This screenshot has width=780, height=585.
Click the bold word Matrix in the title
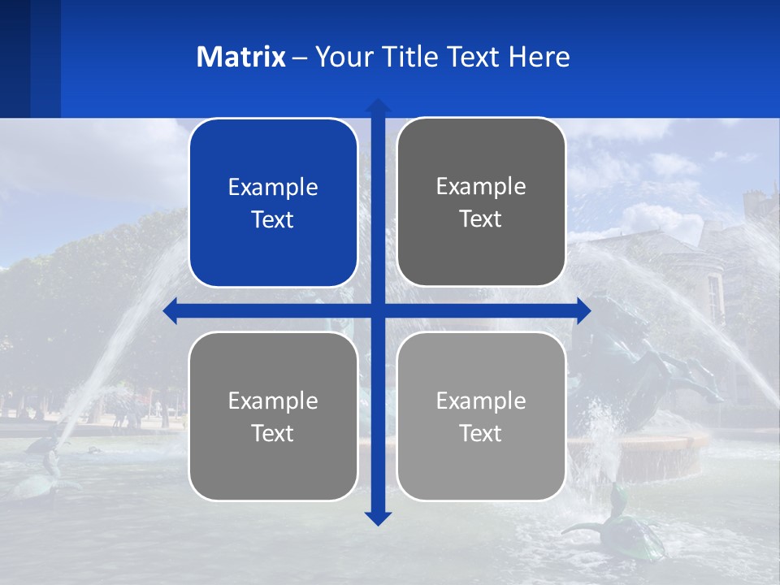click(240, 57)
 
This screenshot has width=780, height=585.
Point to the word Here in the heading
click(539, 57)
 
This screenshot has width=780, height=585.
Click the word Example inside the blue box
click(273, 187)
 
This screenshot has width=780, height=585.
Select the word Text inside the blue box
click(273, 219)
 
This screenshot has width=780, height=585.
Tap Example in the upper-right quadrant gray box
click(481, 186)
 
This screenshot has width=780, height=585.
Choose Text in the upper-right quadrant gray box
click(481, 219)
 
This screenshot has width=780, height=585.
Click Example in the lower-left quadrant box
click(273, 401)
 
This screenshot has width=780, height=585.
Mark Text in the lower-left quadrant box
click(273, 433)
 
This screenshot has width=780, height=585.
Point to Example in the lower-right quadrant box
click(481, 401)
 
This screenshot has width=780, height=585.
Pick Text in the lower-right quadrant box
click(481, 433)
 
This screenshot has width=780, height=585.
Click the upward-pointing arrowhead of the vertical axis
click(378, 106)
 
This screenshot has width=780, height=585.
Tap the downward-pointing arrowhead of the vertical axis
click(378, 518)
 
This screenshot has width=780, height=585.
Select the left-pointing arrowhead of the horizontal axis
click(171, 310)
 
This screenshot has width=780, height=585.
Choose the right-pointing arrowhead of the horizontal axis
click(583, 310)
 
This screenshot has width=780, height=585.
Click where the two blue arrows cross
click(378, 310)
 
